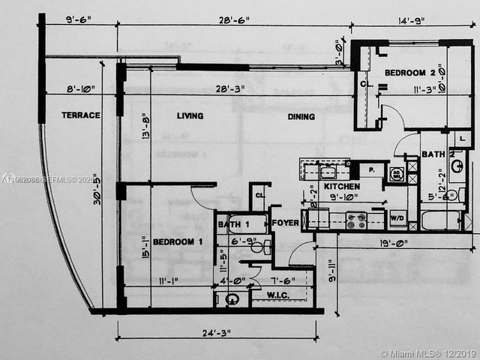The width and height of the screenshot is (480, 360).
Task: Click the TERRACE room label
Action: click(x=80, y=115)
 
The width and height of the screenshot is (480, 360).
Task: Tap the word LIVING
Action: click(x=190, y=116)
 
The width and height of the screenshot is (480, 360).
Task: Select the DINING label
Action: click(x=301, y=117)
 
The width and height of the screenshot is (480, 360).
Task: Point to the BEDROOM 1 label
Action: click(x=178, y=242)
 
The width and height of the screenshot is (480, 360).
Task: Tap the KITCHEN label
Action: click(x=342, y=186)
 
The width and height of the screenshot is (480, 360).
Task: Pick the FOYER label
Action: click(x=286, y=223)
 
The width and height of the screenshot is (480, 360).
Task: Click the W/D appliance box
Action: click(x=397, y=219)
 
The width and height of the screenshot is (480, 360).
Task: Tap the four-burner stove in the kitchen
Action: click(x=356, y=220)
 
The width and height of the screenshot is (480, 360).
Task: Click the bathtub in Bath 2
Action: click(x=441, y=220)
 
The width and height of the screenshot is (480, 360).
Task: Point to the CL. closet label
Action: click(x=259, y=196)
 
